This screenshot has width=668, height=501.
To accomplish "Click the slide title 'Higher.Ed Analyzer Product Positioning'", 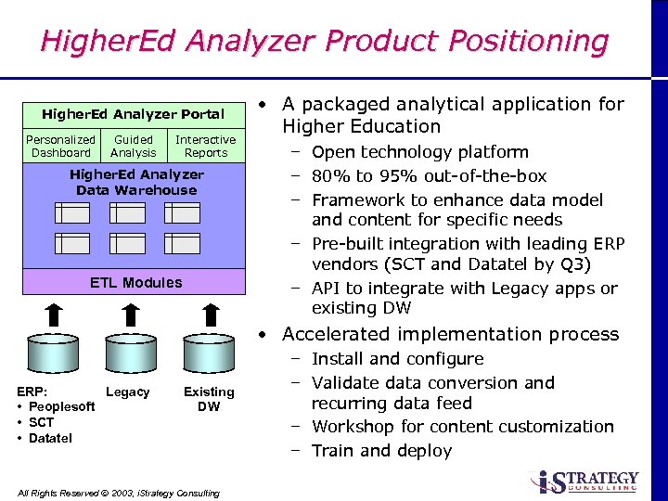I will coord(324,42).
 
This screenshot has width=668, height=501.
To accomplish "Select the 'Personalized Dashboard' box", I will coord(60,147).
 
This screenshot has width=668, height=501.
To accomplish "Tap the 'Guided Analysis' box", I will coord(134,147).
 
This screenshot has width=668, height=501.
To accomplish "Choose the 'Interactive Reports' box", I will coord(206,147).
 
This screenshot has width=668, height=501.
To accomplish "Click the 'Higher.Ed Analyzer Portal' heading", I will coord(133,114).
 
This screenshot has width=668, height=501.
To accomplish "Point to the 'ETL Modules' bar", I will coord(135,282).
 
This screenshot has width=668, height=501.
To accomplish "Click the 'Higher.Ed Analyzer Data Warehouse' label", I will coord(136,182).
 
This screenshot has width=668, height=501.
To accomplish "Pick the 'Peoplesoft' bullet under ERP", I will coord(61,407).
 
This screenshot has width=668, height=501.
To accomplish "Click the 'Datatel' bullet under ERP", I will coord(50,438).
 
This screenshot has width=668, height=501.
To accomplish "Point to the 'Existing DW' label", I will coord(209,399).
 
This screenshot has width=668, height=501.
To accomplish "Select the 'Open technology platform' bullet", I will coord(419,152).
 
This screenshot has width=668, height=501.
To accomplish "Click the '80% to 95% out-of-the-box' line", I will coord(429,176).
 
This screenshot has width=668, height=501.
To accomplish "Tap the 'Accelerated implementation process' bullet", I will coord(450,334).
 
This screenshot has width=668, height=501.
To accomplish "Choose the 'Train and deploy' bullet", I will coord(381,451).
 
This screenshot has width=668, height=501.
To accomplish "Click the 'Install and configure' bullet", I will coord(397,359).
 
